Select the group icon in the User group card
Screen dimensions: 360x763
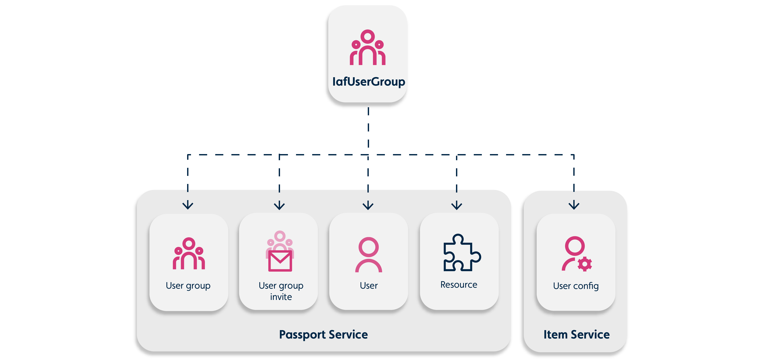point(189,254)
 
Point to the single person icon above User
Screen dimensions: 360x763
point(368,255)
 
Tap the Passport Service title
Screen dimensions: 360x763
point(323,334)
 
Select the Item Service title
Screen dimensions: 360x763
point(576,334)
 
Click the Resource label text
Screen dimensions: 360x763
point(459,285)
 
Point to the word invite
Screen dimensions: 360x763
point(281,297)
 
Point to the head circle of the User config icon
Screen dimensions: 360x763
point(575,246)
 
